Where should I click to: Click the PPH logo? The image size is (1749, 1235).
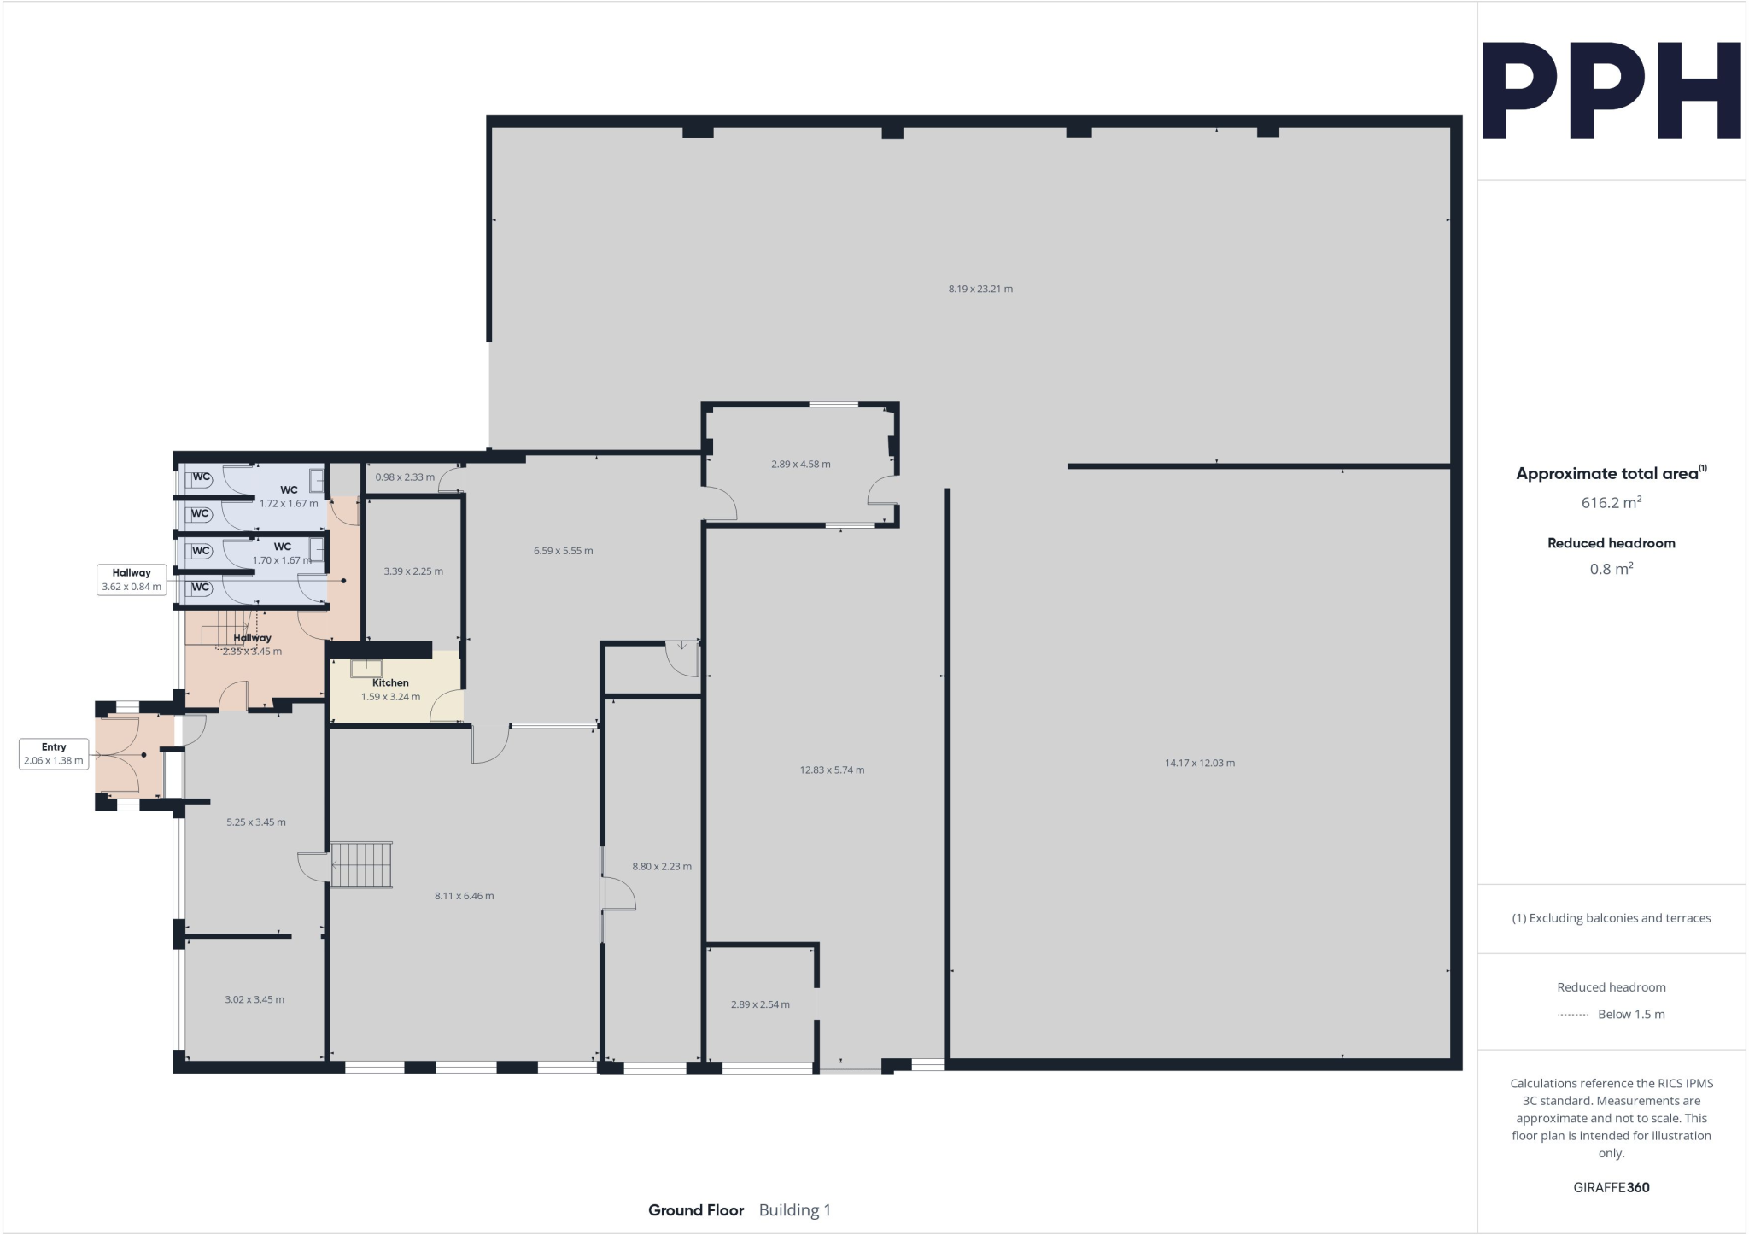pyautogui.click(x=1611, y=91)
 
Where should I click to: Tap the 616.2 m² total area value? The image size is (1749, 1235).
pyautogui.click(x=1611, y=503)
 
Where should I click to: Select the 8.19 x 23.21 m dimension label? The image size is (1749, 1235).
pyautogui.click(x=980, y=289)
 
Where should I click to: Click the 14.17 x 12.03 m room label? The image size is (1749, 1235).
pyautogui.click(x=1199, y=763)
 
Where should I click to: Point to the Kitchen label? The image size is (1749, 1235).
pyautogui.click(x=390, y=682)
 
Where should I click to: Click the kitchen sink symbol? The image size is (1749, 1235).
pyautogui.click(x=366, y=668)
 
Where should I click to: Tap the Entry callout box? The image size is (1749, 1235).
pyautogui.click(x=54, y=753)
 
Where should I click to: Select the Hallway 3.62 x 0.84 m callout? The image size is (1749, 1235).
pyautogui.click(x=132, y=580)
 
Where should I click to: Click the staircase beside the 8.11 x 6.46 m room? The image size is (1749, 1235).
pyautogui.click(x=361, y=865)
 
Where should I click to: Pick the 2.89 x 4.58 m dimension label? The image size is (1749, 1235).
pyautogui.click(x=800, y=465)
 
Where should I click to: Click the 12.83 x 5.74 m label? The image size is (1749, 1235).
pyautogui.click(x=832, y=770)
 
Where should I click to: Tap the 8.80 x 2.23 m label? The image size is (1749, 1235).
pyautogui.click(x=662, y=866)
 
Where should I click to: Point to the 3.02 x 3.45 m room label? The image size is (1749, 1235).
pyautogui.click(x=254, y=999)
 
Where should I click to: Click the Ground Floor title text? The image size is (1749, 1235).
pyautogui.click(x=695, y=1210)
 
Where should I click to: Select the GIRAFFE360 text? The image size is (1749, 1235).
pyautogui.click(x=1611, y=1187)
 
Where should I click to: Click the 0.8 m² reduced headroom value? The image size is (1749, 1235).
pyautogui.click(x=1611, y=569)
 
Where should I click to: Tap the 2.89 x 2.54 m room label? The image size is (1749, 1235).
pyautogui.click(x=760, y=1004)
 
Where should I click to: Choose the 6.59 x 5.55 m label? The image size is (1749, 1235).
pyautogui.click(x=563, y=551)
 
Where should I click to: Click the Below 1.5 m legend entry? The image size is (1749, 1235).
pyautogui.click(x=1630, y=1015)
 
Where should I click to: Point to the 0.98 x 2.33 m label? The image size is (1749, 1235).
pyautogui.click(x=405, y=477)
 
